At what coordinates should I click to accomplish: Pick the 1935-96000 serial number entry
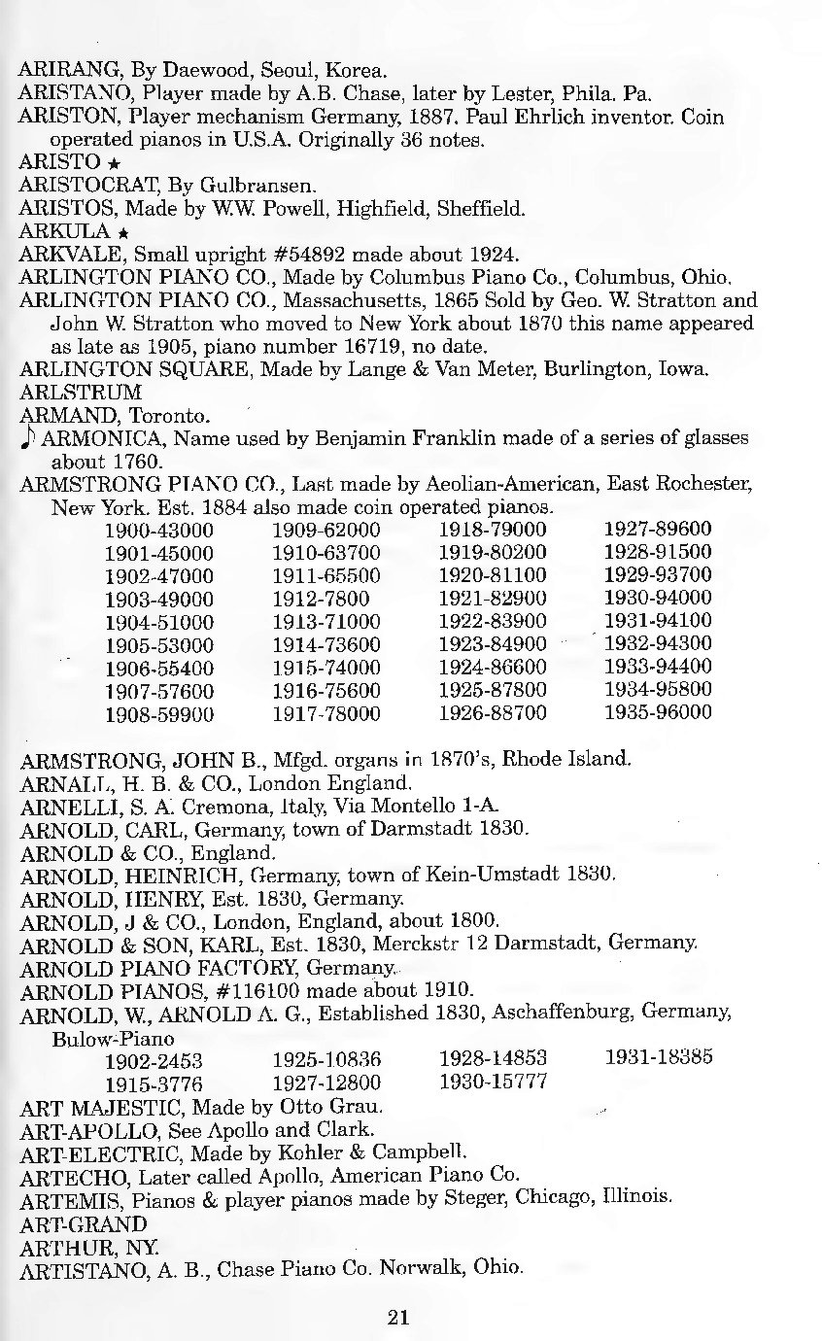tap(658, 712)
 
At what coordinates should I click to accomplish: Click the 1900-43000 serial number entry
tap(158, 530)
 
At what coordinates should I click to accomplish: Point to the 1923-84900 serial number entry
tap(493, 643)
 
